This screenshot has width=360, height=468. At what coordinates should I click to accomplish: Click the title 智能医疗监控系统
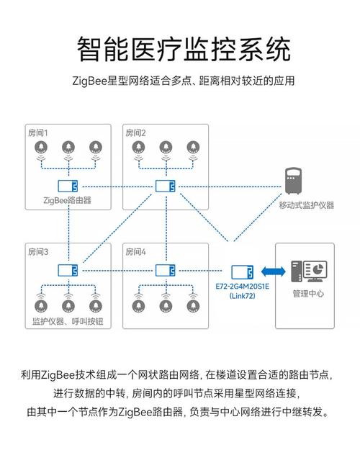point(183,50)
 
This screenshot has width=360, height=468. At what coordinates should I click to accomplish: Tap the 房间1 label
point(37,133)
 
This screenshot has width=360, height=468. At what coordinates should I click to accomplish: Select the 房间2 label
point(135,133)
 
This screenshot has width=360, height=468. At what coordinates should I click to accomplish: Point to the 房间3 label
point(37,252)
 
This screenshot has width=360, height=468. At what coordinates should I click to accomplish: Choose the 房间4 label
point(135,252)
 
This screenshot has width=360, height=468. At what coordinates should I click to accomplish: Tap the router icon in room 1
point(68,186)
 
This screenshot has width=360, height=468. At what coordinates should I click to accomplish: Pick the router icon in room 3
point(68,271)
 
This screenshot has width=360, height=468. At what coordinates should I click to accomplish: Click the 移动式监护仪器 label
point(307,205)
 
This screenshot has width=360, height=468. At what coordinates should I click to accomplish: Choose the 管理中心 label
point(308,294)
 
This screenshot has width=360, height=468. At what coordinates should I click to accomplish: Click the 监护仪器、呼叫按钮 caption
point(68,320)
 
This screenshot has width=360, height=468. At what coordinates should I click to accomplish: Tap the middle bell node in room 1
point(68,148)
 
